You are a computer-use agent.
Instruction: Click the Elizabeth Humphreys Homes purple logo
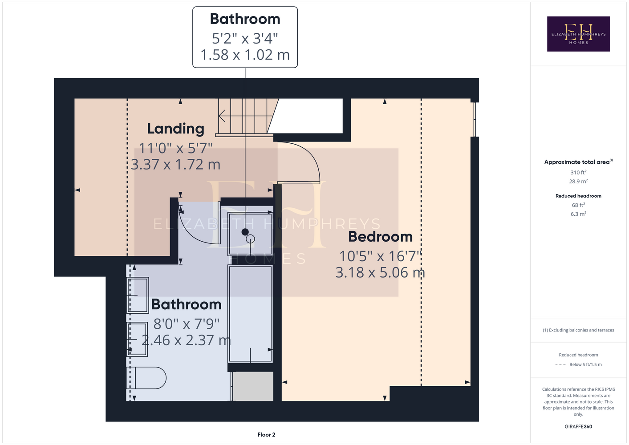[x=578, y=34]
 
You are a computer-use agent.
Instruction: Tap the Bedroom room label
[x=381, y=237]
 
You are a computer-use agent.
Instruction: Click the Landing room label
[x=176, y=129]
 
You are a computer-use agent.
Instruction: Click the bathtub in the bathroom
[x=250, y=314]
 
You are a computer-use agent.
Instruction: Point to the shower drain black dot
[x=245, y=232]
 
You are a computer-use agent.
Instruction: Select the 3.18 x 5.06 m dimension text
[x=380, y=273]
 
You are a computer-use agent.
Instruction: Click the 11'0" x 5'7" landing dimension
[x=176, y=148]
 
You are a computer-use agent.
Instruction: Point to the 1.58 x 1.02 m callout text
[x=245, y=54]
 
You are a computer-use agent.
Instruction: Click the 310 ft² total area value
[x=578, y=172]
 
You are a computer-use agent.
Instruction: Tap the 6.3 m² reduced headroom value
[x=578, y=214]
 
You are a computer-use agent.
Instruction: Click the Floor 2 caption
[x=266, y=435]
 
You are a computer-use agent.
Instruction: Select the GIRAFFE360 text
[x=578, y=426]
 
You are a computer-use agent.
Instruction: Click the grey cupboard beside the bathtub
[x=253, y=386]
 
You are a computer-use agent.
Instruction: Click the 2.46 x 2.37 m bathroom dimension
[x=186, y=340]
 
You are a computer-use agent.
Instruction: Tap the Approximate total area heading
[x=578, y=162]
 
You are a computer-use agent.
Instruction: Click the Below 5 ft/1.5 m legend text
[x=585, y=364]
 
